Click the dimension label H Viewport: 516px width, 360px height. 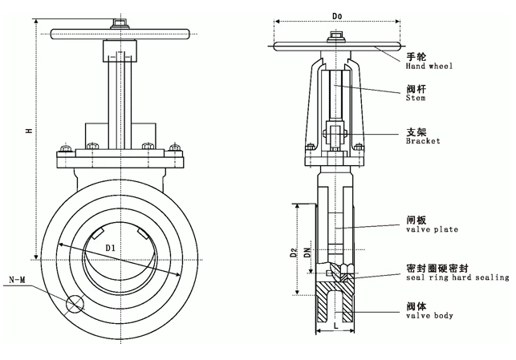tap(28, 131)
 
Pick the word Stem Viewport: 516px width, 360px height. tap(416, 99)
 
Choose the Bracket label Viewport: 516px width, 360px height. tap(423, 141)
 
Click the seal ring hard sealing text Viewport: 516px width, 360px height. tap(457, 277)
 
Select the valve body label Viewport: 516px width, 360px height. tap(429, 315)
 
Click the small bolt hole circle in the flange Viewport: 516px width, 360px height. tap(76, 305)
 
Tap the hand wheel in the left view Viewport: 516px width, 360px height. tap(120, 35)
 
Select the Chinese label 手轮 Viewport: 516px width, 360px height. tap(416, 56)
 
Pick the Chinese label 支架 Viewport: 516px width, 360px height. tap(416, 131)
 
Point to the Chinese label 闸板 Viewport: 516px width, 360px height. tap(416, 219)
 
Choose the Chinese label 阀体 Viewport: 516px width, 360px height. tap(416, 305)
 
